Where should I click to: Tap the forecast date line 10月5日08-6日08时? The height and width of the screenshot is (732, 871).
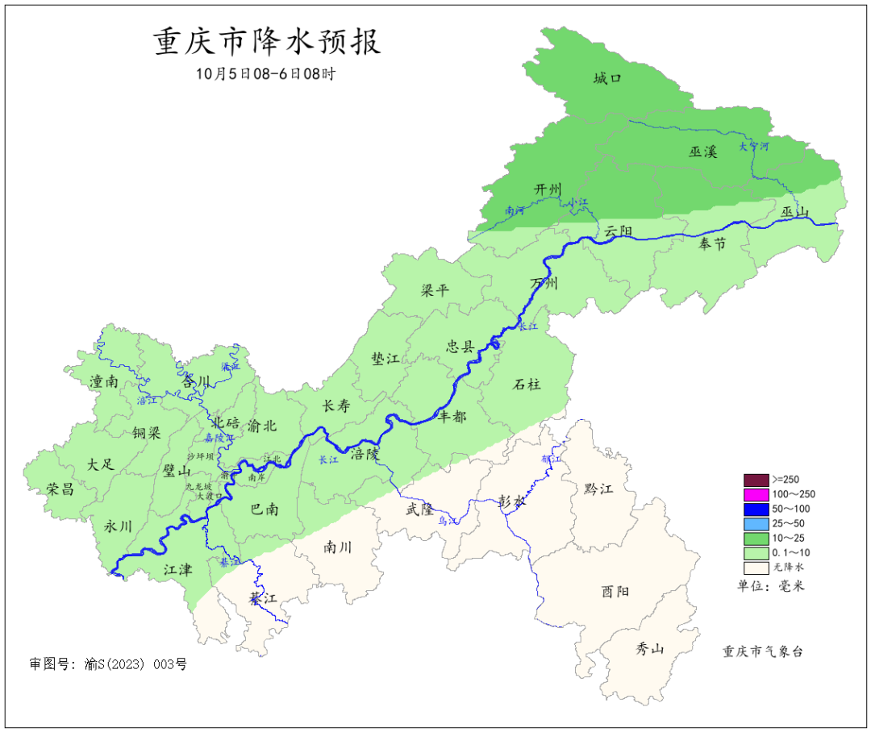(265, 73)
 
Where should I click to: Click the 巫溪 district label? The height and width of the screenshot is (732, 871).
(702, 151)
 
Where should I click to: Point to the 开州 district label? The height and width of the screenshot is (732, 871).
(548, 189)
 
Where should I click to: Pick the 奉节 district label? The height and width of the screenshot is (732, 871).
(712, 243)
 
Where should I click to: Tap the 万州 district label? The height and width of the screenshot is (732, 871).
(544, 284)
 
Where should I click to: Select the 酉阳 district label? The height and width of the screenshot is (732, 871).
(615, 591)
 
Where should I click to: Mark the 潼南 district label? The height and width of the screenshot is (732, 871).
(104, 381)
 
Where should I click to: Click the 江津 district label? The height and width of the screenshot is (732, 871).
(178, 569)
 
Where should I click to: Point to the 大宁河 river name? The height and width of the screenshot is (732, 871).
(755, 147)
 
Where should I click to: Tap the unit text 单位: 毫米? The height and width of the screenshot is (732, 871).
(771, 586)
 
